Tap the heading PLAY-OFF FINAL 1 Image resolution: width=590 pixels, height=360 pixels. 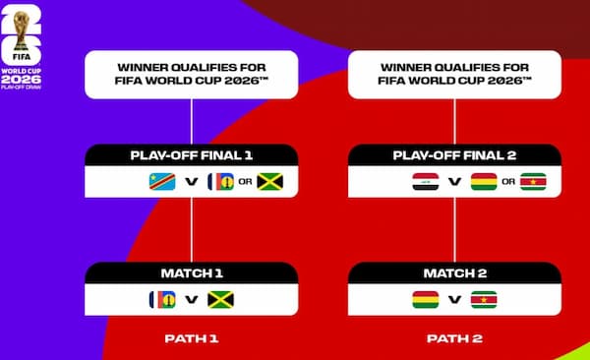click(192, 155)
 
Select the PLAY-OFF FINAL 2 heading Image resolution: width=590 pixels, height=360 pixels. click(454, 155)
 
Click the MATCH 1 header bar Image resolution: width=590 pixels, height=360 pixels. click(192, 272)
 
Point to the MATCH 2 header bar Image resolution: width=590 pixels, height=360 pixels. click(454, 272)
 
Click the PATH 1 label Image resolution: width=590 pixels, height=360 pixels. click(192, 337)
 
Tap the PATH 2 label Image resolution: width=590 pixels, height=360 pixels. click(454, 337)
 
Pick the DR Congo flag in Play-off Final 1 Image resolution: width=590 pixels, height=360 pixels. click(160, 182)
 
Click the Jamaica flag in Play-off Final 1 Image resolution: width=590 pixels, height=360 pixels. click(269, 182)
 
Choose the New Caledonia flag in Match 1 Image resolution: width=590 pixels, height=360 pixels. click(162, 299)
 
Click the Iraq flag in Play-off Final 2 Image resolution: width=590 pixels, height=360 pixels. click(424, 182)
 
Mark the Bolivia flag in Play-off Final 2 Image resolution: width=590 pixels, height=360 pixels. click(482, 182)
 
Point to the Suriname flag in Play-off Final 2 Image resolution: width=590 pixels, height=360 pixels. click(532, 182)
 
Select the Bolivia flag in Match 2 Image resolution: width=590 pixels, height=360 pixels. click(426, 299)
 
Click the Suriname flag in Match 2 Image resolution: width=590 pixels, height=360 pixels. click(484, 299)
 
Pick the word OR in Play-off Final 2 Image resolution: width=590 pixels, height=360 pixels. click(507, 182)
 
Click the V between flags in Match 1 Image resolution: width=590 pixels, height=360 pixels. click(192, 299)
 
